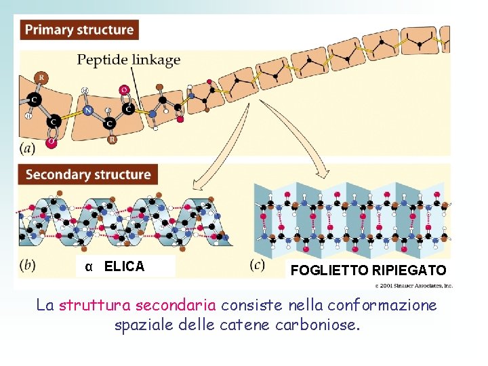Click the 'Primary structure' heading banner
pyautogui.click(x=79, y=30)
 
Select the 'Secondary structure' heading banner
pyautogui.click(x=88, y=174)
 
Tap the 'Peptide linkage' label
pyautogui.click(x=129, y=60)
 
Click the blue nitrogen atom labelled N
pyautogui.click(x=87, y=110)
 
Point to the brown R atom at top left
pyautogui.click(x=42, y=77)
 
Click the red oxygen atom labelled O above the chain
pyautogui.click(x=124, y=89)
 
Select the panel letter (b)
pyautogui.click(x=28, y=265)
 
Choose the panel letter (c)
pyautogui.click(x=258, y=265)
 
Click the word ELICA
pyautogui.click(x=125, y=266)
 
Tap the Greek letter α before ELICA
pyautogui.click(x=89, y=266)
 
